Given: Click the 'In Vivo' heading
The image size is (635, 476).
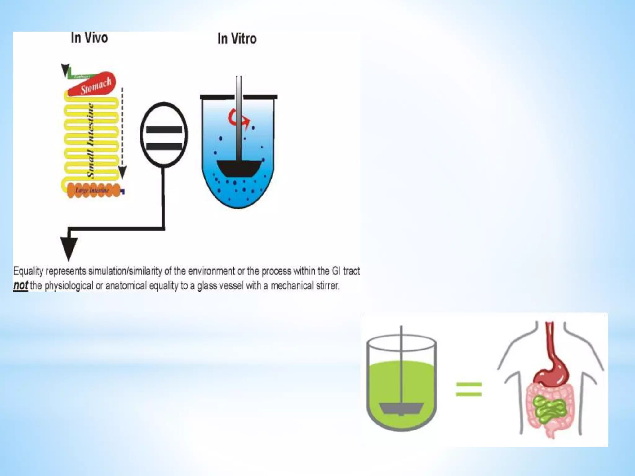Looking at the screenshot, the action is click(x=89, y=38).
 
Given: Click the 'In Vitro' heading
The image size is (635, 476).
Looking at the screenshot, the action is click(x=237, y=39).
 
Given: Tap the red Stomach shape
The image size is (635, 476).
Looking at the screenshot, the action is click(x=93, y=85).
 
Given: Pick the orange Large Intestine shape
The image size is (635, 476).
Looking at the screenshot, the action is click(x=93, y=190).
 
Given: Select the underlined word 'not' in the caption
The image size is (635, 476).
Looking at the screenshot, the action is click(x=20, y=285).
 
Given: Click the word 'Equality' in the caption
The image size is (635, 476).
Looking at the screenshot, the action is click(x=28, y=271).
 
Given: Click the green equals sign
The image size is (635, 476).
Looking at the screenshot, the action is click(x=468, y=390).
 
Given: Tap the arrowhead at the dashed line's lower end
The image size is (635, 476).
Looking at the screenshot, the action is click(x=122, y=173).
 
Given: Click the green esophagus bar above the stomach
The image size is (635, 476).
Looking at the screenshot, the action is click(x=81, y=76).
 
